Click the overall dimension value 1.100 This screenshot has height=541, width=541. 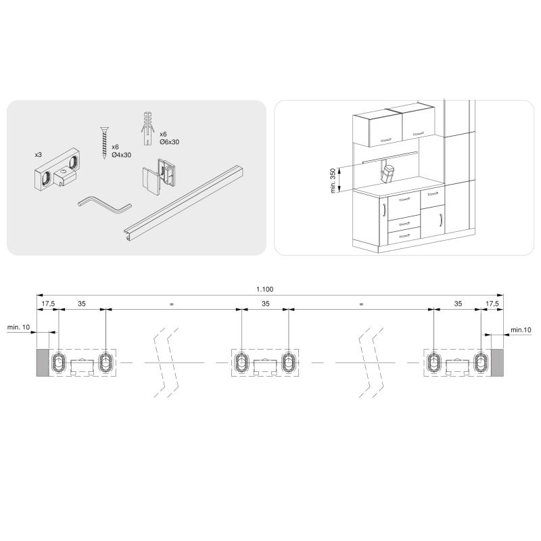click(x=264, y=289)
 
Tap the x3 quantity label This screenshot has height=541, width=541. click(x=39, y=155)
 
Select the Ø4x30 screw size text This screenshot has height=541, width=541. click(x=122, y=155)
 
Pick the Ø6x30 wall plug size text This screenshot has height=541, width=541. click(x=170, y=142)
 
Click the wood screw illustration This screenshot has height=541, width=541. click(x=104, y=143)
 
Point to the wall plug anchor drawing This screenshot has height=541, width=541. click(x=147, y=128)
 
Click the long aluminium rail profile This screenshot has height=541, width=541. click(x=187, y=202)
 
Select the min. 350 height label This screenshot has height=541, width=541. click(x=333, y=181)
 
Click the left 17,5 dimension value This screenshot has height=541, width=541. click(x=48, y=304)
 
